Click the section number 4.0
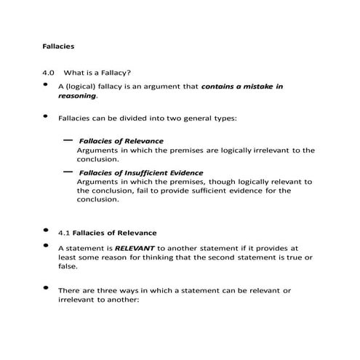pos(49,73)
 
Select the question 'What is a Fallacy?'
pos(97,73)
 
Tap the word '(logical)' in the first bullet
pos(82,87)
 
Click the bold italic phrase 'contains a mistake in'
pos(242,87)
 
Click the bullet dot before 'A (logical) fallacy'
pos(47,84)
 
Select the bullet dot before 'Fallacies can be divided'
pos(47,115)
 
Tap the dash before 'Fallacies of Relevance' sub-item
pos(68,137)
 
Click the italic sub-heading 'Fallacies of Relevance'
pos(121,140)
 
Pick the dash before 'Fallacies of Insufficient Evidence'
pos(68,169)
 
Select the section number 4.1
pos(64,233)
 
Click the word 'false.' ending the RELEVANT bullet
pos(68,266)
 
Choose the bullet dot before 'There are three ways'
pos(47,288)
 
